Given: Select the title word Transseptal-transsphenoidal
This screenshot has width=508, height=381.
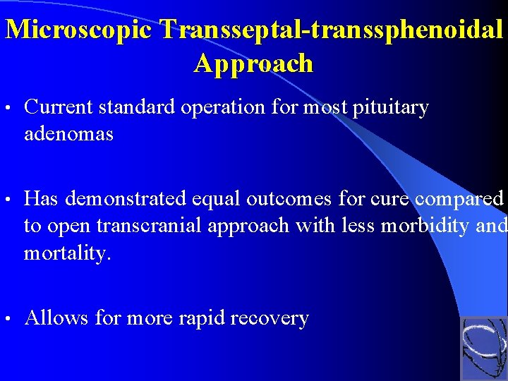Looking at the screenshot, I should pos(332,29).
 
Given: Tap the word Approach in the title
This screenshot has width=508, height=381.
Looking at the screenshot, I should pos(253,64).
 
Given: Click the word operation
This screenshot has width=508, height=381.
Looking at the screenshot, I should pos(234,108).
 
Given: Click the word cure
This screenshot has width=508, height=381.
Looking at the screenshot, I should pos(388,200).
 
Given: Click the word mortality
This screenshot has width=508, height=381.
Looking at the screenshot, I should pos(67,252).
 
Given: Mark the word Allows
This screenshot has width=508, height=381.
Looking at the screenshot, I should pos(56,319).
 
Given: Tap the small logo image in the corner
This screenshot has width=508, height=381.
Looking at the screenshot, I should pos(483,348).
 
